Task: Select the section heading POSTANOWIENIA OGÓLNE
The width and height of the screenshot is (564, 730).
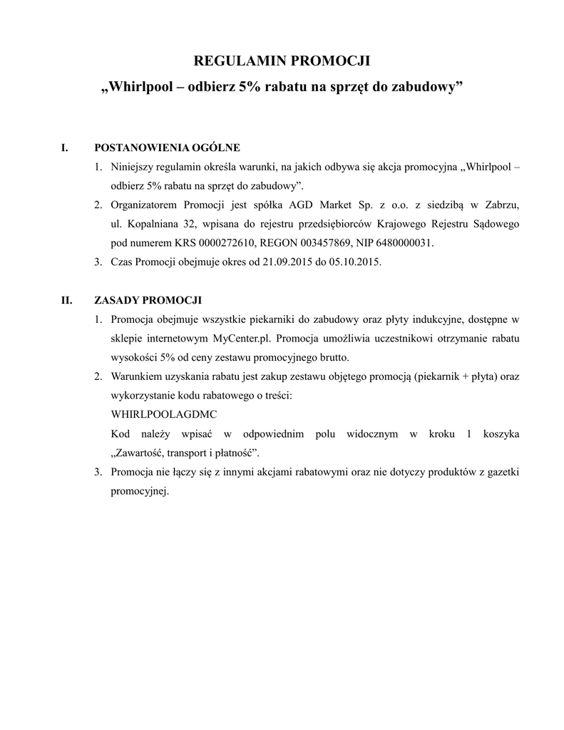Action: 167,148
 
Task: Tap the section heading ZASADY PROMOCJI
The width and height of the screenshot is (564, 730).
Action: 148,299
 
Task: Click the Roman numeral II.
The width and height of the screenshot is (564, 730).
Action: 67,299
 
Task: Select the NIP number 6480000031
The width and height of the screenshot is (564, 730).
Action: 406,243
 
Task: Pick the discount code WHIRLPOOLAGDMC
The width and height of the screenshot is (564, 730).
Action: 165,413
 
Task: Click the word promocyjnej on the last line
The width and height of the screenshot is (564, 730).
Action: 139,490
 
